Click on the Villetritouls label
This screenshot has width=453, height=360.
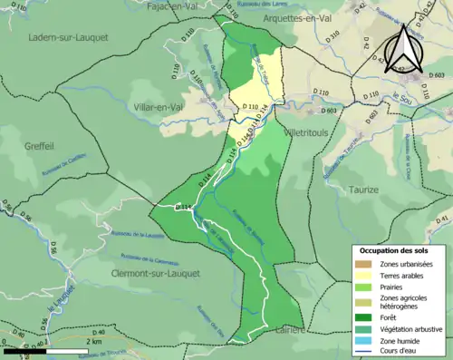pos(311,131)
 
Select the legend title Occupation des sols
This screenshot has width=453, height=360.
pos(400,249)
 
